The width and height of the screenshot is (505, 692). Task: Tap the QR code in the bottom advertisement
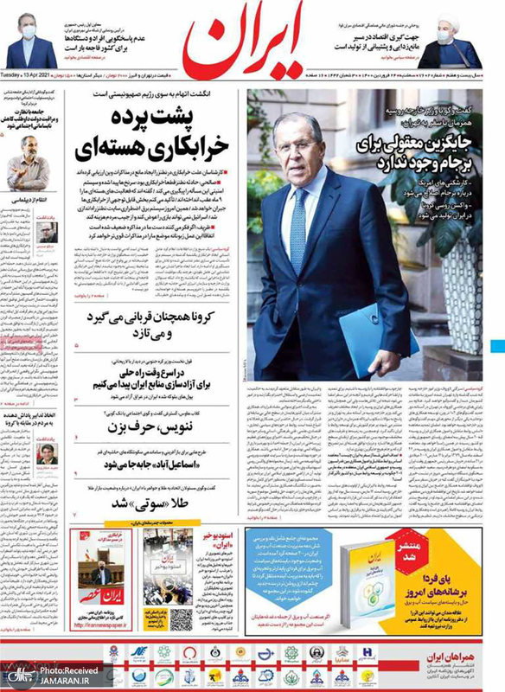[x=180, y=619]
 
